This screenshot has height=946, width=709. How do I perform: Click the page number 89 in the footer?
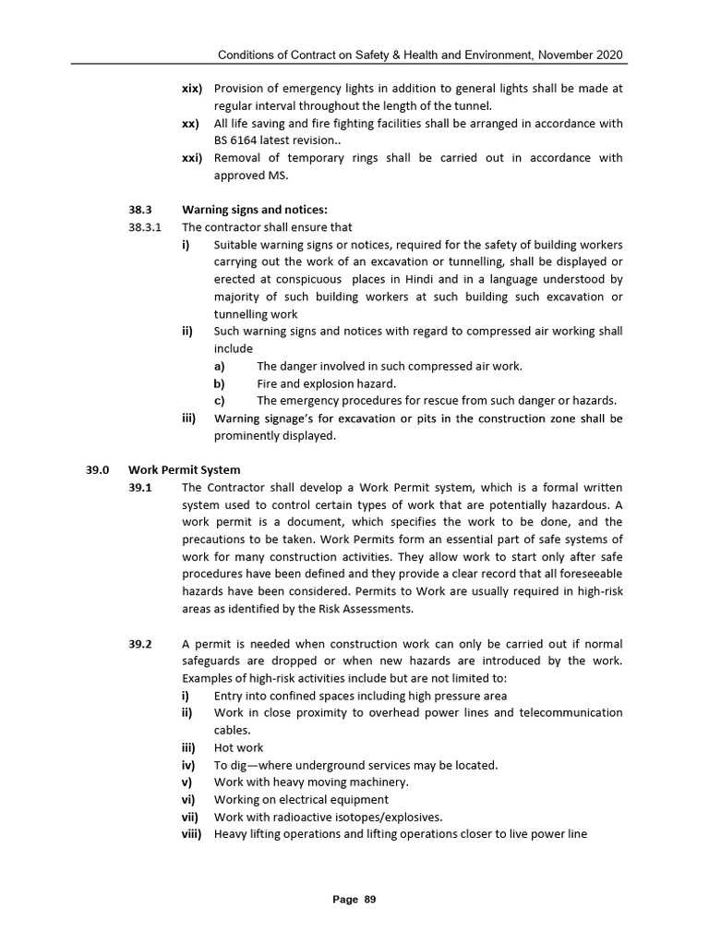(370, 899)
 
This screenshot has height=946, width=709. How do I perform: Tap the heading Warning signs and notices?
(255, 210)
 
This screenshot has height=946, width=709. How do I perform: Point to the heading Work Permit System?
(184, 469)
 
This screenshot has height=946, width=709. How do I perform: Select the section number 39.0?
(98, 469)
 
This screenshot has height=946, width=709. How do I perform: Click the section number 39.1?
(141, 487)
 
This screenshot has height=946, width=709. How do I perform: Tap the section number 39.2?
(141, 644)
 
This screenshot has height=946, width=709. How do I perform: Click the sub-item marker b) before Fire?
(220, 383)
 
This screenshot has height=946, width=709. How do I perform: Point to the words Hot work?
(238, 748)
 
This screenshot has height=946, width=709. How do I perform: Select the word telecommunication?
(571, 713)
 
